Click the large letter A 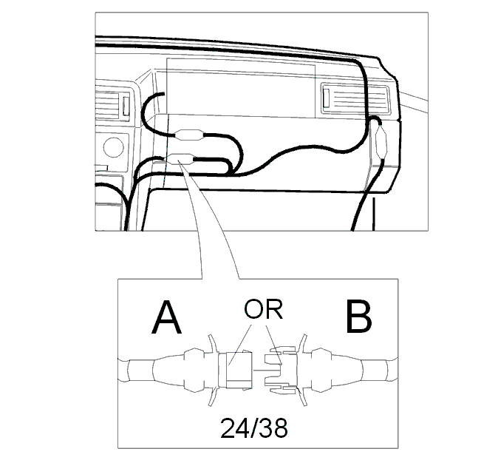[x=166, y=317]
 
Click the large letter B [x=358, y=317]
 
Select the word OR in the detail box [x=263, y=309]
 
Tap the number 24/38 [x=254, y=428]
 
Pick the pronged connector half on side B [x=281, y=370]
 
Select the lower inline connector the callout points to [x=180, y=159]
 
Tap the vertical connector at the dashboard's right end [x=381, y=141]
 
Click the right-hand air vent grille [x=355, y=98]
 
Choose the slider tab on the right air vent [x=326, y=98]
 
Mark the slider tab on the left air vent [x=126, y=106]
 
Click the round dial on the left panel [x=113, y=147]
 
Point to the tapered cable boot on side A [x=168, y=370]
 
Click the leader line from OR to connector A [x=240, y=345]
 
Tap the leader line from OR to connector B [x=273, y=345]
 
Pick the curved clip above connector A [x=212, y=342]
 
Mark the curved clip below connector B [x=302, y=396]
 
